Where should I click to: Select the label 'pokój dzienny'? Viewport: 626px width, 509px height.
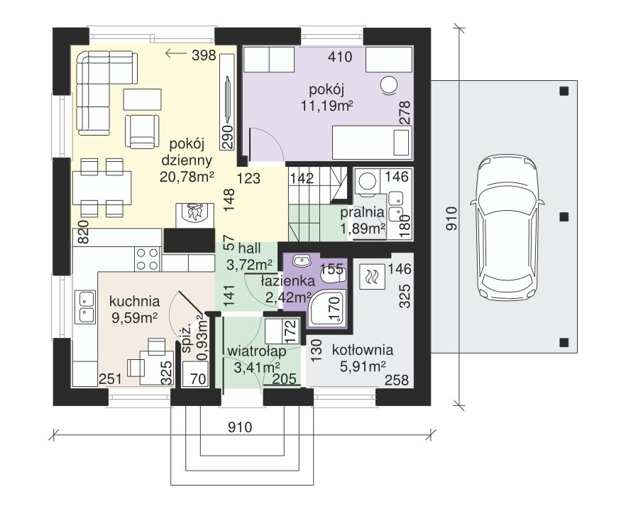tap(186, 152)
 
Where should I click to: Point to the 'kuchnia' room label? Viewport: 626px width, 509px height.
tap(135, 301)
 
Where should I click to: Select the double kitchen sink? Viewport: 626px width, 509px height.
tap(87, 307)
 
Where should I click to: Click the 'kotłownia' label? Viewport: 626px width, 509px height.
tap(363, 350)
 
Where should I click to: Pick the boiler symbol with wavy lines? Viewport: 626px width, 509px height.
tap(372, 276)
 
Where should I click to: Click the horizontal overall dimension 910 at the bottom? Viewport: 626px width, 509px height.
tap(240, 427)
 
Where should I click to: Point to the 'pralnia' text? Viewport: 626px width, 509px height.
tap(362, 213)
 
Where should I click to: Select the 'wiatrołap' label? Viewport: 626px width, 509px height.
tap(257, 351)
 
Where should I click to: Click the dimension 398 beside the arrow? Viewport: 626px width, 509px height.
tap(204, 55)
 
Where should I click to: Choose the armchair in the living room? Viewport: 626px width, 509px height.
tap(143, 131)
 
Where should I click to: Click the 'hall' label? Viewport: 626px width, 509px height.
tap(250, 248)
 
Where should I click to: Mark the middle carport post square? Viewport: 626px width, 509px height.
tap(564, 217)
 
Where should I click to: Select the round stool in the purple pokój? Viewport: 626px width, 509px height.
tap(388, 85)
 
